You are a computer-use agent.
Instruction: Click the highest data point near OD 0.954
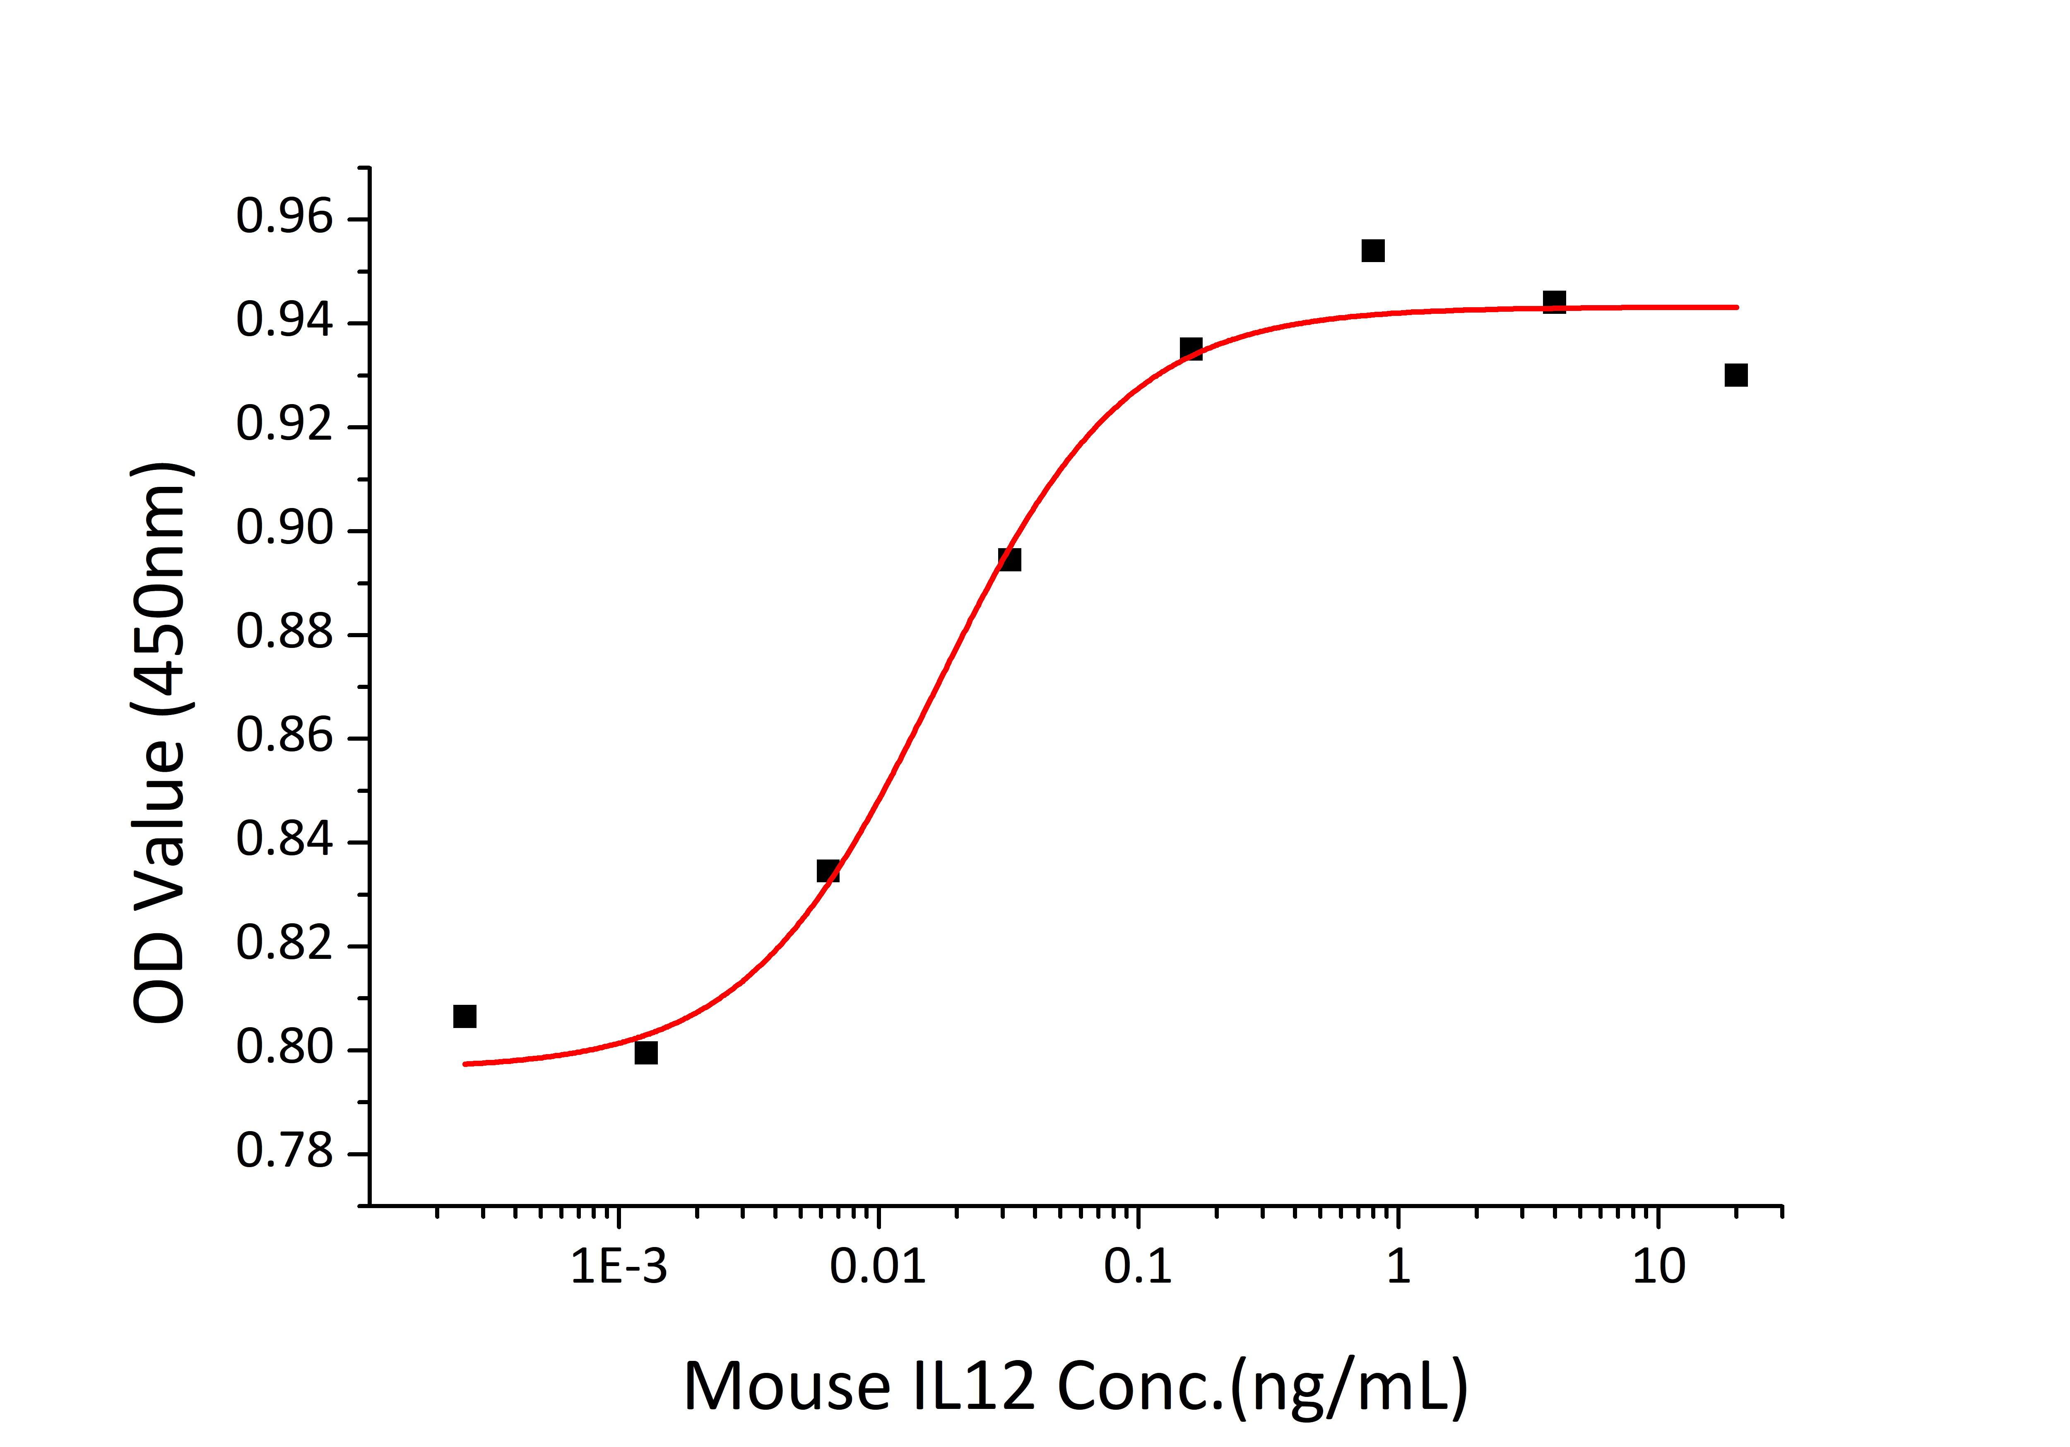[1372, 250]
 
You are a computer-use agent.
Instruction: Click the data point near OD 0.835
[828, 871]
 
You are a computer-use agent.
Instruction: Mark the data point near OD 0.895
[1010, 560]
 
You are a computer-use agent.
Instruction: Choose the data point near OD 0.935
[1191, 349]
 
